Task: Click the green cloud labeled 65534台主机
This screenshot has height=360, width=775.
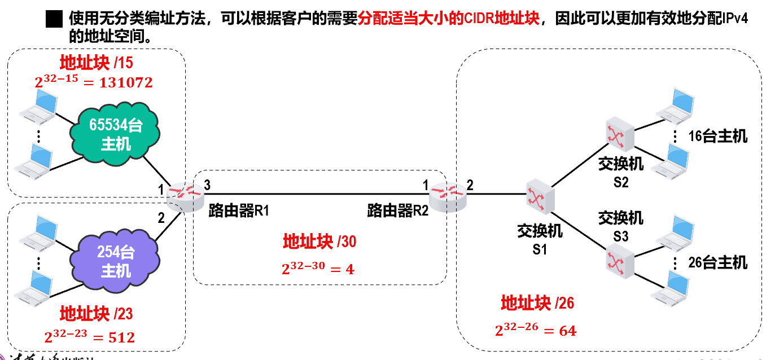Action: [115, 135]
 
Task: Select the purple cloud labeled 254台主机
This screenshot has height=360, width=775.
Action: [115, 262]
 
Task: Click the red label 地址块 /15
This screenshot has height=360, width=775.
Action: [97, 63]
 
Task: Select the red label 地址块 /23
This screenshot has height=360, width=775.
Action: [97, 313]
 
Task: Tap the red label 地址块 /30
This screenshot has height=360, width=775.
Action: [319, 242]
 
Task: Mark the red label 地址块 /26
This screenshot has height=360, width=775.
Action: [537, 304]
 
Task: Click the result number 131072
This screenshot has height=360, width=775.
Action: [126, 83]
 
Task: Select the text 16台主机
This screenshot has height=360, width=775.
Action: [717, 136]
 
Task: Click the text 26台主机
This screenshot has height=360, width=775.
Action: [717, 262]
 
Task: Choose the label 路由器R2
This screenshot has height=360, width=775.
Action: [398, 212]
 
